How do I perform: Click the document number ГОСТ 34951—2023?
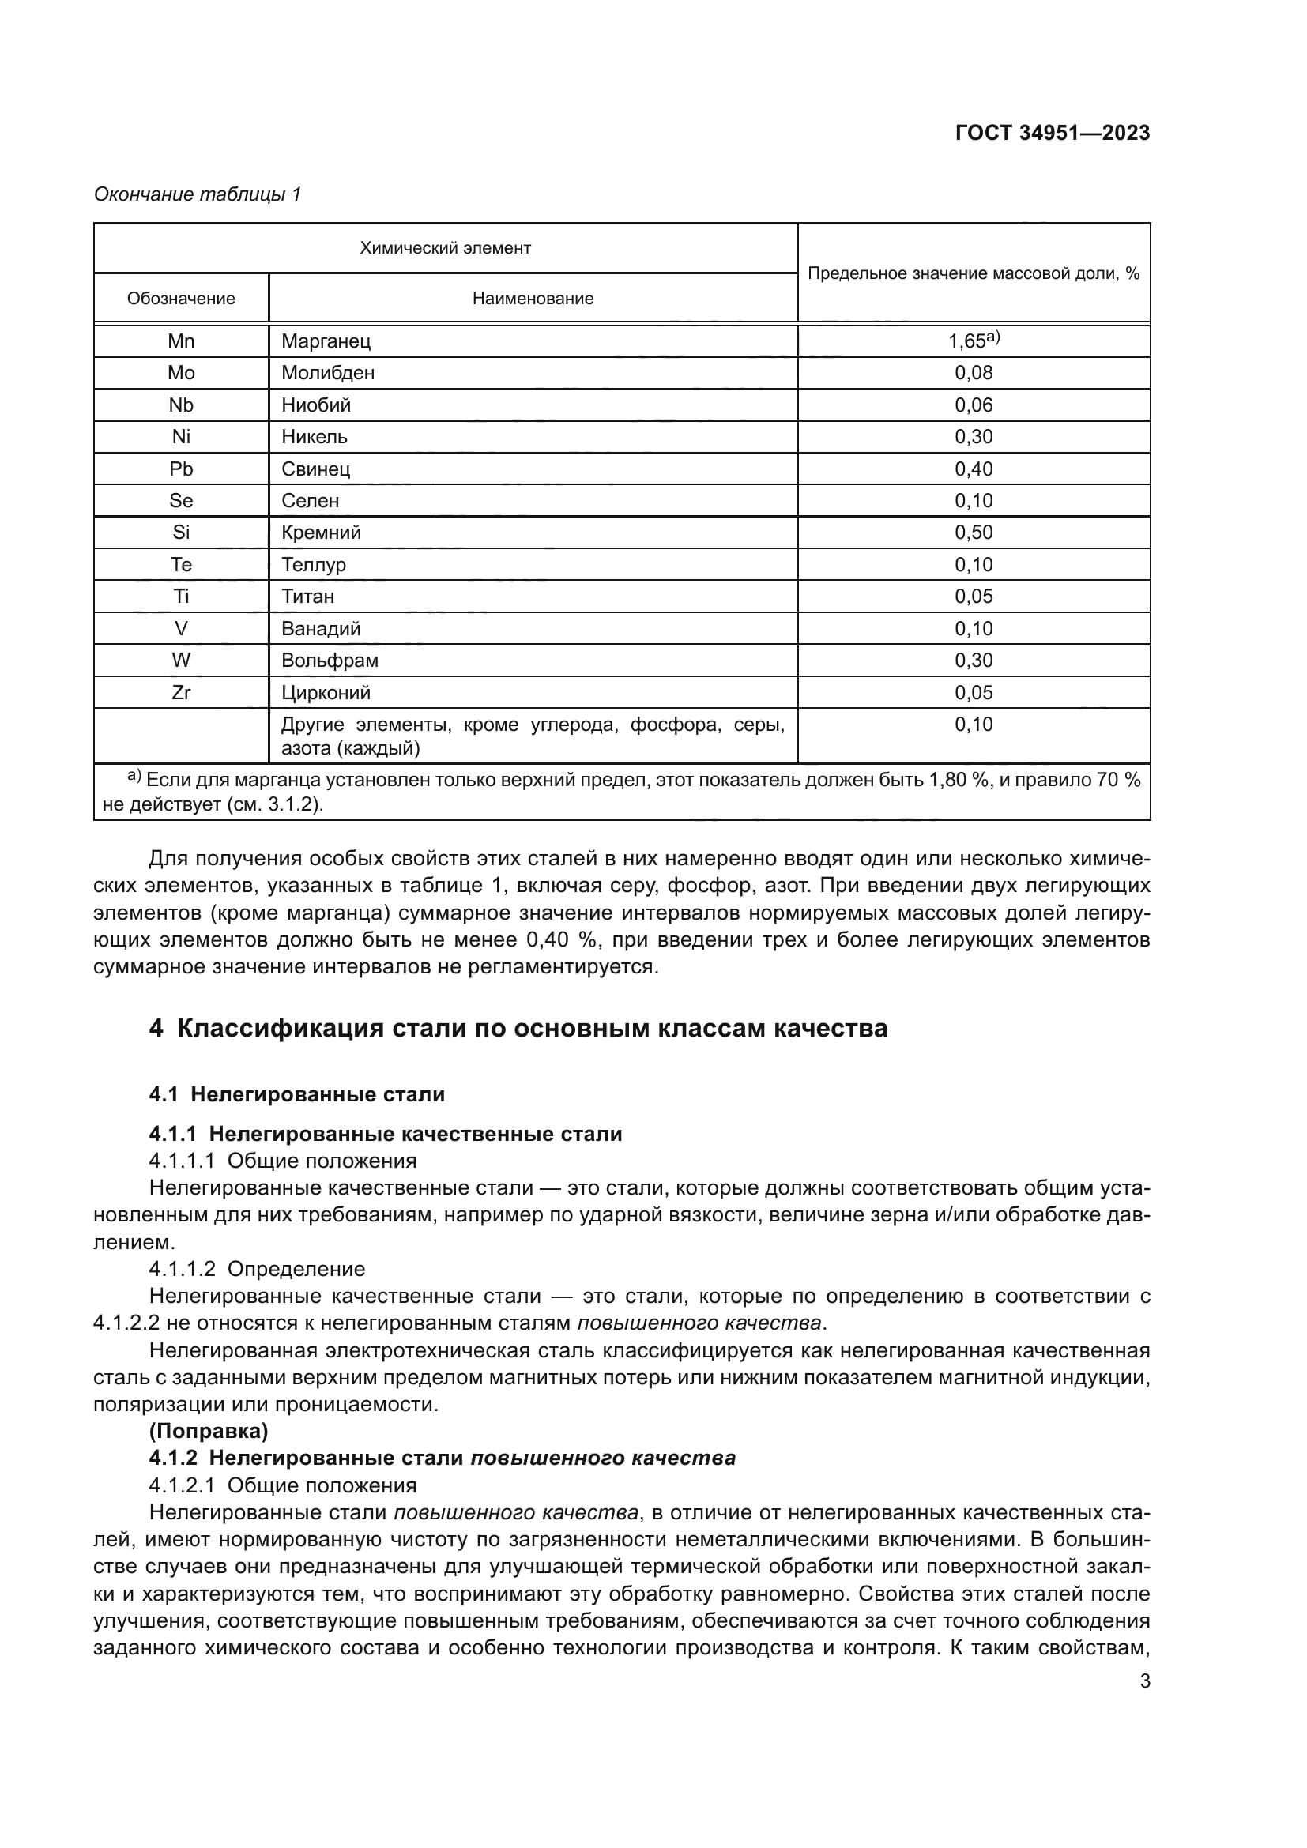1052,133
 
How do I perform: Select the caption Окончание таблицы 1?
198,194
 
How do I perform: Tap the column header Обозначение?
181,299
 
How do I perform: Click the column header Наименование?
533,299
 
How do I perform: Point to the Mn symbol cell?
181,341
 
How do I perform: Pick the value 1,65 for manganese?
967,341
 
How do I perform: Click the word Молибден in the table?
328,373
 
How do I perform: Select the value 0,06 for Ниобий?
974,405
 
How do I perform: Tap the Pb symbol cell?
181,469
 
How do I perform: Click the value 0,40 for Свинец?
974,469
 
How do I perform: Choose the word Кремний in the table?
321,533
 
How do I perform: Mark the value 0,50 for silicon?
974,533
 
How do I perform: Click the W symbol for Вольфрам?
181,661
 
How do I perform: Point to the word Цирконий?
326,693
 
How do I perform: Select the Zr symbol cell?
181,693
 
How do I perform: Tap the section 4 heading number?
156,1029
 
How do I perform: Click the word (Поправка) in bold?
209,1431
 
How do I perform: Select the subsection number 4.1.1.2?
182,1270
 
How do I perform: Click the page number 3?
1144,1681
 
